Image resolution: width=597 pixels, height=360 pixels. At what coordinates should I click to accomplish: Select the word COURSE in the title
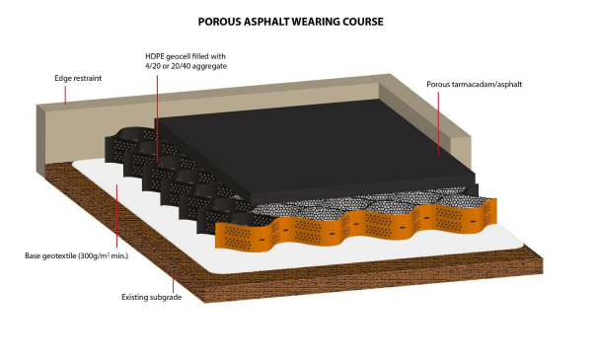pos(363,22)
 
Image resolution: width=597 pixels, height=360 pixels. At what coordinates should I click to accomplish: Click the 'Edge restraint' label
pos(78,78)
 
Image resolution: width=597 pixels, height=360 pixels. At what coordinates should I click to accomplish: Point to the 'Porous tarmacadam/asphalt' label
pos(474,84)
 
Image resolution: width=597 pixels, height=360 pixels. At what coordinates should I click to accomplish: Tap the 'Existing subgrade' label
pos(152,297)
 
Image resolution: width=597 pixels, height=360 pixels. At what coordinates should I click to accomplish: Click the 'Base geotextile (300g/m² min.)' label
pos(77,255)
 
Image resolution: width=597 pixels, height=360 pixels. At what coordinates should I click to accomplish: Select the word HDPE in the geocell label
pos(155,56)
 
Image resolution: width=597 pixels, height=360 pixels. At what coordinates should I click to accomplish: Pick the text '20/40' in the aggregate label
pos(181,66)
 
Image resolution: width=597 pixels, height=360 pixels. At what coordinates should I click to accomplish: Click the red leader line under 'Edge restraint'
pos(65,95)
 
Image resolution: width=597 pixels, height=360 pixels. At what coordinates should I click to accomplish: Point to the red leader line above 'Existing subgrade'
pos(174,281)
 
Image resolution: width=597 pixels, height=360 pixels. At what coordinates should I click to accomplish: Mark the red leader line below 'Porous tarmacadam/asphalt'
pos(438,123)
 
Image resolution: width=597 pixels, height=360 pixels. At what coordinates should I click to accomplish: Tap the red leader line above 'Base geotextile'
pos(116,216)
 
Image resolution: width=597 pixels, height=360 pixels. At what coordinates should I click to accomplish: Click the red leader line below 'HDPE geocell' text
pos(157,118)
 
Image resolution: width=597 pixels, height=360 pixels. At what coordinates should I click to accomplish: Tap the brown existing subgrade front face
pos(373,278)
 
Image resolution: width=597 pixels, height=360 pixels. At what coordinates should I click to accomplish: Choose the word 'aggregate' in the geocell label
pos(210,67)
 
